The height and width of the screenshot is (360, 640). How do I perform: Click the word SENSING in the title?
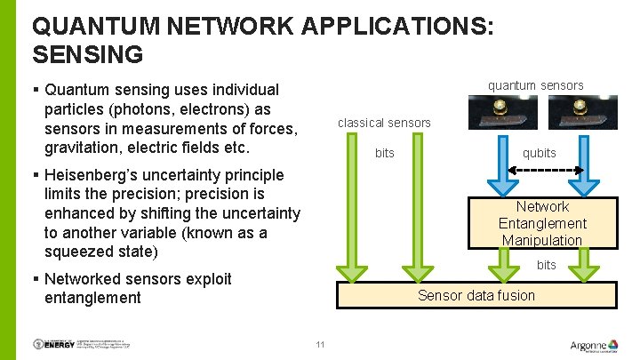click(87, 54)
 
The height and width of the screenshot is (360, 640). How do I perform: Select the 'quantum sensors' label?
click(535, 85)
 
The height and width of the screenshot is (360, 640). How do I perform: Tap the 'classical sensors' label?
click(384, 123)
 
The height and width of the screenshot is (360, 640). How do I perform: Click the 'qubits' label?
click(539, 153)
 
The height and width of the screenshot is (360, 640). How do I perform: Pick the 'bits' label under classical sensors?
click(384, 153)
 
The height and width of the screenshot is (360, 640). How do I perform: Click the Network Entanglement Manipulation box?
click(541, 223)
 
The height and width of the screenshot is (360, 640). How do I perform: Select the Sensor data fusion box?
click(476, 295)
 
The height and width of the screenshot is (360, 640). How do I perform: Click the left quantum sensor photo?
click(502, 113)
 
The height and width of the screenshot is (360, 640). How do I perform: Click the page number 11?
click(320, 345)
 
